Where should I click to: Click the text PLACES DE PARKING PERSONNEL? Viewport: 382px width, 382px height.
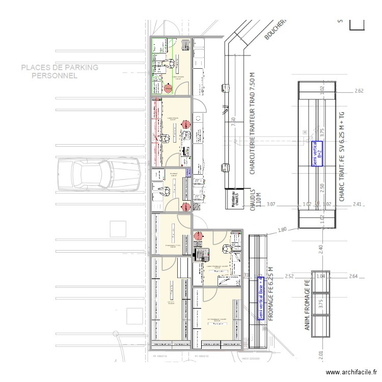(x=60, y=72)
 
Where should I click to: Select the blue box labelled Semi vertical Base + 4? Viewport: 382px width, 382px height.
(x=260, y=298)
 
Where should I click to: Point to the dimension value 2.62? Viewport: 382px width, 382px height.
(x=359, y=91)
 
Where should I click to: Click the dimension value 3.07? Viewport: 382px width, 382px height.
(x=270, y=205)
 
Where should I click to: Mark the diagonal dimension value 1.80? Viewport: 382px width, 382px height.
(x=283, y=230)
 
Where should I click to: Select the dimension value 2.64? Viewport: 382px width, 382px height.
(x=353, y=277)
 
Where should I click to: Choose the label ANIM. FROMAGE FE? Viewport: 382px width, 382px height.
(x=307, y=305)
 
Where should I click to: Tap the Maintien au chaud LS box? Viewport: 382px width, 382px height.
(x=233, y=198)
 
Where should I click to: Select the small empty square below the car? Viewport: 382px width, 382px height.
(x=118, y=229)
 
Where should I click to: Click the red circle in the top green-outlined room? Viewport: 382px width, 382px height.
(x=169, y=89)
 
